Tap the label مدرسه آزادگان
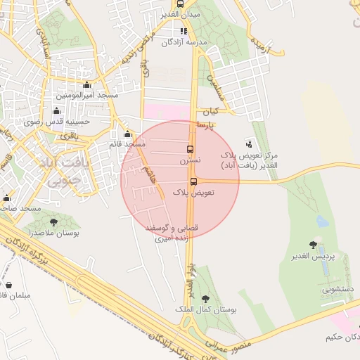[184, 42]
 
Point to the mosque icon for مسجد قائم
[127, 134]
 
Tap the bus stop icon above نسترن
[189, 149]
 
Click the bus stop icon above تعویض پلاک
[193, 181]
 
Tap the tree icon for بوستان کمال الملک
[206, 298]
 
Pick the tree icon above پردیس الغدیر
[313, 245]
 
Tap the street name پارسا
[205, 125]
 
